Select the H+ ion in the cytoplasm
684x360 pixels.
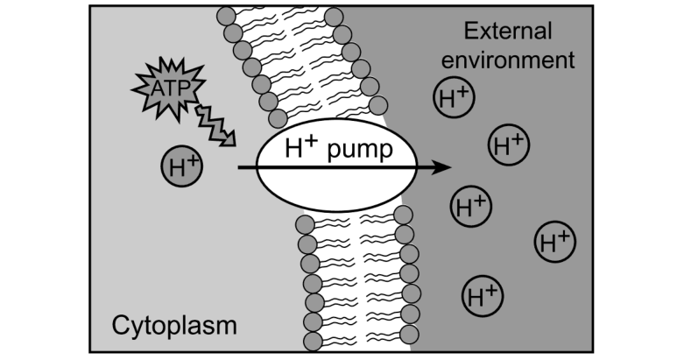click(182, 166)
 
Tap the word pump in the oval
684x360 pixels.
click(360, 150)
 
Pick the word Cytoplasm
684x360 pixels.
click(174, 326)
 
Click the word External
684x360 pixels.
click(508, 32)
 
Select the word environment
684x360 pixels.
click(508, 60)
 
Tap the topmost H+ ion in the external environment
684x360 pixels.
click(454, 97)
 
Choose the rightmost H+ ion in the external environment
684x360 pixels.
click(555, 242)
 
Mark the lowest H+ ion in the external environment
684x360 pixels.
click(483, 296)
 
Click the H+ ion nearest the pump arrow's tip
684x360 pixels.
click(471, 207)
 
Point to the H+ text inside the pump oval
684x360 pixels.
click(300, 146)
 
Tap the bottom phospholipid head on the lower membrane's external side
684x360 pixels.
click(409, 335)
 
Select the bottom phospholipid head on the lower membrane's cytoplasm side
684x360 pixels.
click(313, 342)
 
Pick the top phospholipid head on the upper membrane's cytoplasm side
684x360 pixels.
click(226, 17)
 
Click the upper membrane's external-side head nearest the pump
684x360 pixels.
click(378, 106)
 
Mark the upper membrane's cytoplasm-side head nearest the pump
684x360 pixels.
click(278, 118)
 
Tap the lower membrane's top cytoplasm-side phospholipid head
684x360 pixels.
click(305, 225)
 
